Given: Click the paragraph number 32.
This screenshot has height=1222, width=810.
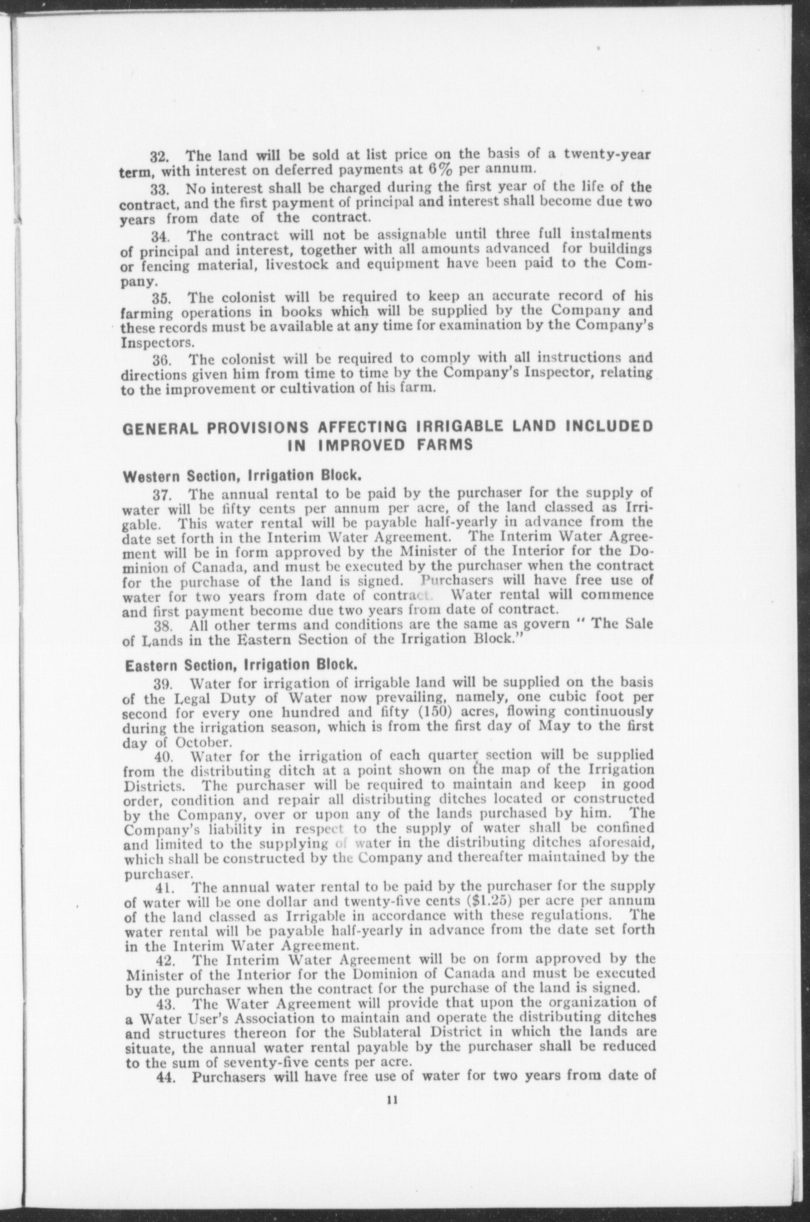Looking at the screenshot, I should [x=159, y=157].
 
